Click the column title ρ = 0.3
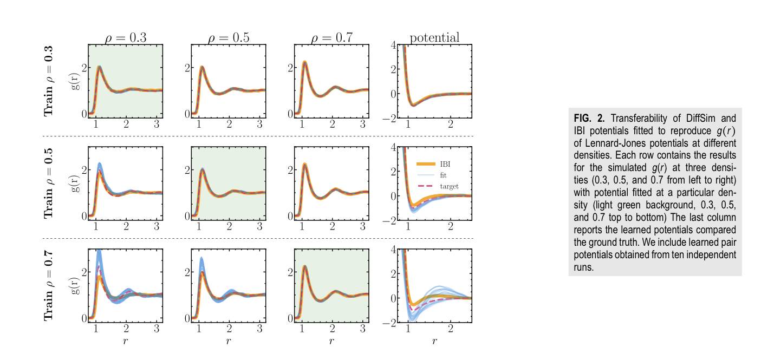pos(125,38)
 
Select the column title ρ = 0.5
pos(228,38)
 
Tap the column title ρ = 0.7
pos(331,38)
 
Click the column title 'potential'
pos(434,37)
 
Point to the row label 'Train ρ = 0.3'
pos(49,81)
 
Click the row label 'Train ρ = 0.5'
pos(49,183)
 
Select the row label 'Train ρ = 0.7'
pos(49,285)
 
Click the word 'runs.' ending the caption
pos(583,267)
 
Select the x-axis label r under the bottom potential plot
pos(434,341)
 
